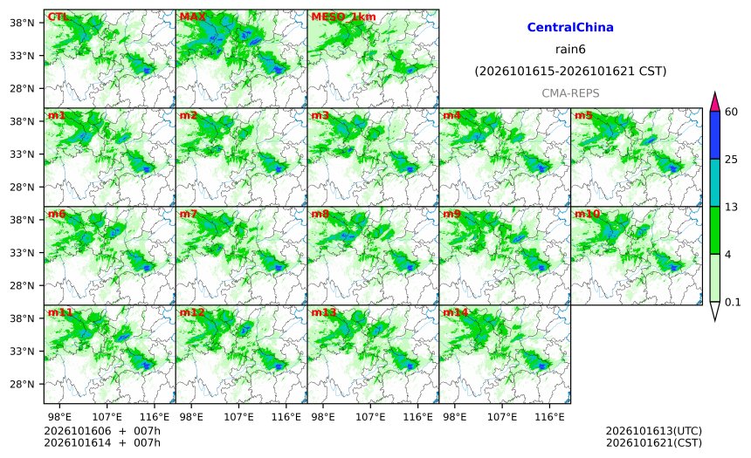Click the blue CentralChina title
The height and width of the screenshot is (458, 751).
(570, 27)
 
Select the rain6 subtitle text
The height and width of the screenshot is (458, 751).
(570, 50)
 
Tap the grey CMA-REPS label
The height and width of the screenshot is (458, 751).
(570, 93)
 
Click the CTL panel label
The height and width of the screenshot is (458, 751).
(58, 17)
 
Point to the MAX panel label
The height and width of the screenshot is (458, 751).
(192, 17)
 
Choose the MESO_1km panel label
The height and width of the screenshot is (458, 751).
(343, 17)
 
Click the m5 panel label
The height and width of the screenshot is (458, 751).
(583, 115)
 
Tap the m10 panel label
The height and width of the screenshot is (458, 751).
(587, 214)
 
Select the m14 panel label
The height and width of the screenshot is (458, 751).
(455, 312)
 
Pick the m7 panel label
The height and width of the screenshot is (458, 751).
(189, 214)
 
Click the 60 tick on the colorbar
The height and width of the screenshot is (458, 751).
(731, 112)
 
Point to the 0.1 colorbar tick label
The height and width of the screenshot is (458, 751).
(733, 303)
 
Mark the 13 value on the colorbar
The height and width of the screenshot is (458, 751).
(731, 208)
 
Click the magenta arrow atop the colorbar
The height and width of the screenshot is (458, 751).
(715, 101)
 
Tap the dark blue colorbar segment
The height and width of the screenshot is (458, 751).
(715, 135)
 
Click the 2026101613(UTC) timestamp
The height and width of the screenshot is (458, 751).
(654, 431)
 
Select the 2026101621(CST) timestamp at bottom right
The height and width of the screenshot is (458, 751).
(654, 443)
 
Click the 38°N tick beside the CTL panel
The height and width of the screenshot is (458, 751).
(22, 23)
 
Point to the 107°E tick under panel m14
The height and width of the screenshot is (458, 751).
(502, 417)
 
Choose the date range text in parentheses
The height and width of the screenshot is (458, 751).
(570, 72)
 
